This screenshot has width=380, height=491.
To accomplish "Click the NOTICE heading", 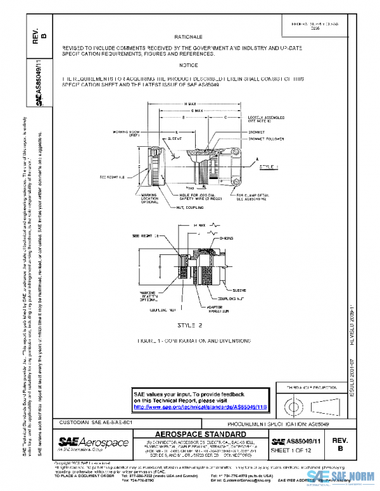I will click(x=188, y=65).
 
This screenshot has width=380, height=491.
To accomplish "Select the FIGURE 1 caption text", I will click(x=188, y=340).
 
